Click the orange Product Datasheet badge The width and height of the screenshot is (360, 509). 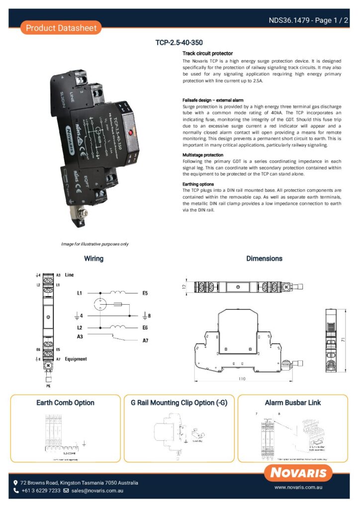61,28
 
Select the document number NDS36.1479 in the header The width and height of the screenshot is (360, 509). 288,20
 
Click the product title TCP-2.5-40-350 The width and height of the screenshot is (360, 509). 179,43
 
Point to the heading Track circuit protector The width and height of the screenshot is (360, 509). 207,53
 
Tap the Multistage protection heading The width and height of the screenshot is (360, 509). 203,155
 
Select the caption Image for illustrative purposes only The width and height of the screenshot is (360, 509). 95,244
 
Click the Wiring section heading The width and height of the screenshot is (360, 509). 93,258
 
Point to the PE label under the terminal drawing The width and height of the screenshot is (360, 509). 48,384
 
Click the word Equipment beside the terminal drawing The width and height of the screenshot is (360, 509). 76,359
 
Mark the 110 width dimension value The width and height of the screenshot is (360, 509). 242,379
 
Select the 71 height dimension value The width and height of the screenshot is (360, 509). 343,339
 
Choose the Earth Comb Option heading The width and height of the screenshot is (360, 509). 65,403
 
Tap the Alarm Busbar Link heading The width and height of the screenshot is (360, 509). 293,403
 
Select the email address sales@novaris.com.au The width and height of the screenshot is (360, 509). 97,491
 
